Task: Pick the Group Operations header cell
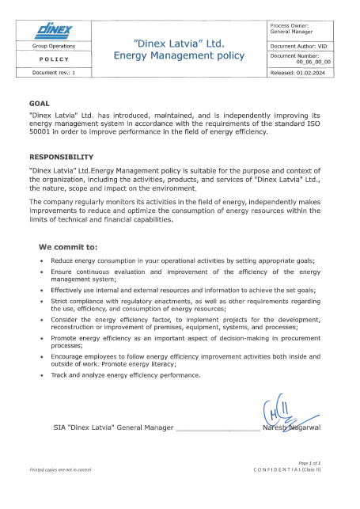[55, 47]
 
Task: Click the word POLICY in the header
[55, 59]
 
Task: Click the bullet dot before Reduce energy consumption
[41, 260]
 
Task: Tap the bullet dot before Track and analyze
[41, 374]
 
